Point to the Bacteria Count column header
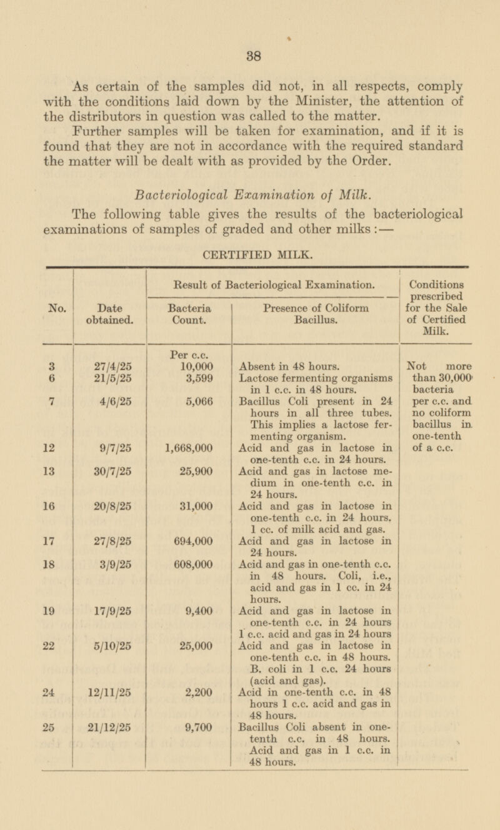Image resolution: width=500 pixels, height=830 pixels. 189,313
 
